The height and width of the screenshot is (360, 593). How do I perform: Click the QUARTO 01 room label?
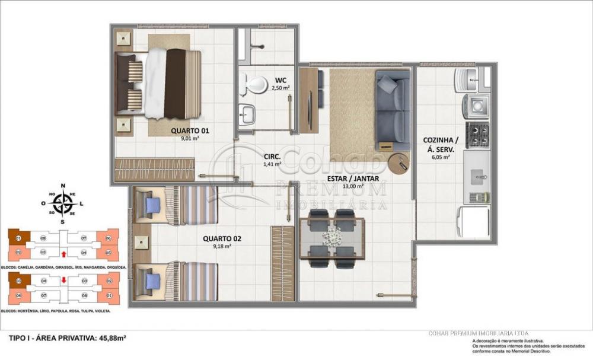click(190, 130)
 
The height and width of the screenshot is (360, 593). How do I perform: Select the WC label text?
click(281, 80)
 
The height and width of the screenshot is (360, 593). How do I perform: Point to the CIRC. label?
click(272, 157)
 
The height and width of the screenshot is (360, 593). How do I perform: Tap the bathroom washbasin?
click(247, 112)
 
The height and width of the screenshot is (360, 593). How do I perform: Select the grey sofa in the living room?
click(393, 110)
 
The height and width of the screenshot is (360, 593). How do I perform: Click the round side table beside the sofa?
click(399, 163)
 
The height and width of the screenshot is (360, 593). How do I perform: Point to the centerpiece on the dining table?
click(332, 237)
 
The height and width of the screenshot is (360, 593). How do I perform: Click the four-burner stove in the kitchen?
click(478, 135)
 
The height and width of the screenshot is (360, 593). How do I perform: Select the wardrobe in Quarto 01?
click(155, 169)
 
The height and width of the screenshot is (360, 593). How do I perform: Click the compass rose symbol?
click(63, 203)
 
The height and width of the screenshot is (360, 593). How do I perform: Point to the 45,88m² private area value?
click(112, 338)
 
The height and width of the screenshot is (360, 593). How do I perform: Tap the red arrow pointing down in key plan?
click(63, 281)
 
